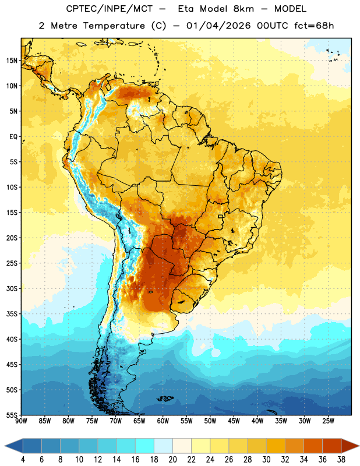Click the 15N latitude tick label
[12, 61]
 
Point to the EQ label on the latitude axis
[13, 137]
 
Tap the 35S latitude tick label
[12, 314]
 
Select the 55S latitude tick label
[12, 415]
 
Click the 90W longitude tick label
[22, 421]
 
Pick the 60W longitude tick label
[163, 421]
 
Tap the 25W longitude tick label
[328, 421]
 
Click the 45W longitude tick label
[234, 421]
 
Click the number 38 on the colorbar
[341, 460]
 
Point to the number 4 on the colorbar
[23, 460]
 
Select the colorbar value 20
[172, 460]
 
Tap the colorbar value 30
[266, 460]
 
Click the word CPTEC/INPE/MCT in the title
[109, 9]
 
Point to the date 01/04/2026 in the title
[218, 26]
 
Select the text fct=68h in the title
[314, 26]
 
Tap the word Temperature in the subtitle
[114, 26]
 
